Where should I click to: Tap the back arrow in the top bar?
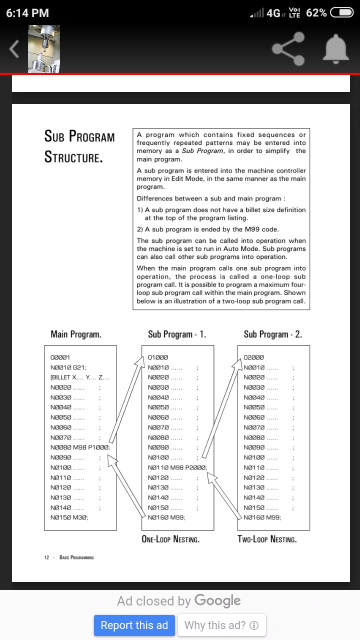click(x=14, y=49)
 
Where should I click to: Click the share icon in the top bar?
click(x=288, y=48)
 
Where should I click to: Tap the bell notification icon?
click(x=336, y=49)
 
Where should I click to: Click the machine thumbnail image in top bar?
click(x=43, y=48)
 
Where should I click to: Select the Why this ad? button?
click(x=221, y=625)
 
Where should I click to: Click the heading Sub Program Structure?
click(x=79, y=146)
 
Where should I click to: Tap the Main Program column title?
click(x=76, y=334)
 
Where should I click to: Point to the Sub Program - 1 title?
click(x=177, y=334)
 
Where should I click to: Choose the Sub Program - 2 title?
click(x=273, y=334)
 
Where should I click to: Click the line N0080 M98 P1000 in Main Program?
click(x=80, y=447)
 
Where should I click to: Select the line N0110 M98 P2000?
click(x=177, y=467)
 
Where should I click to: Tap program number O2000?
click(x=253, y=357)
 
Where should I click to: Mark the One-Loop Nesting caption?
click(x=171, y=539)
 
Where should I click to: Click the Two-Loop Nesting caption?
click(x=267, y=539)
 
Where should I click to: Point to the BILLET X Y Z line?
click(x=80, y=377)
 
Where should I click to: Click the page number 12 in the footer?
click(x=46, y=557)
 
